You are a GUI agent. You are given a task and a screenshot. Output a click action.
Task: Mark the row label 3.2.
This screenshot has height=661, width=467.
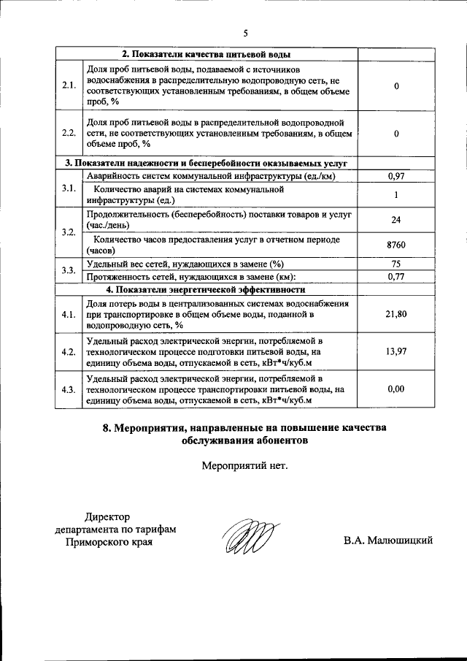click(x=69, y=232)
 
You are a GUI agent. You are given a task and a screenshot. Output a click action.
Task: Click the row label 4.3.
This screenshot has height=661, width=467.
click(x=69, y=389)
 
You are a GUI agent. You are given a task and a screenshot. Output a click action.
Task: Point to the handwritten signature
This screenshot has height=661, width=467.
click(x=249, y=538)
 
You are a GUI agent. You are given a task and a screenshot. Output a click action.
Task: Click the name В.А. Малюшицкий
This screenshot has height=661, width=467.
click(x=389, y=540)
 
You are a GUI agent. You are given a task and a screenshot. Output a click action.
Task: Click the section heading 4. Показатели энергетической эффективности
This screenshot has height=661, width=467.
click(x=205, y=289)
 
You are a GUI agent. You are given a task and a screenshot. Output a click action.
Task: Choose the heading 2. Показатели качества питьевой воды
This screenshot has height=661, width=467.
click(x=206, y=55)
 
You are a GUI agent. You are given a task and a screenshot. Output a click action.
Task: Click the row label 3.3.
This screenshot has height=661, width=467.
click(x=69, y=270)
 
